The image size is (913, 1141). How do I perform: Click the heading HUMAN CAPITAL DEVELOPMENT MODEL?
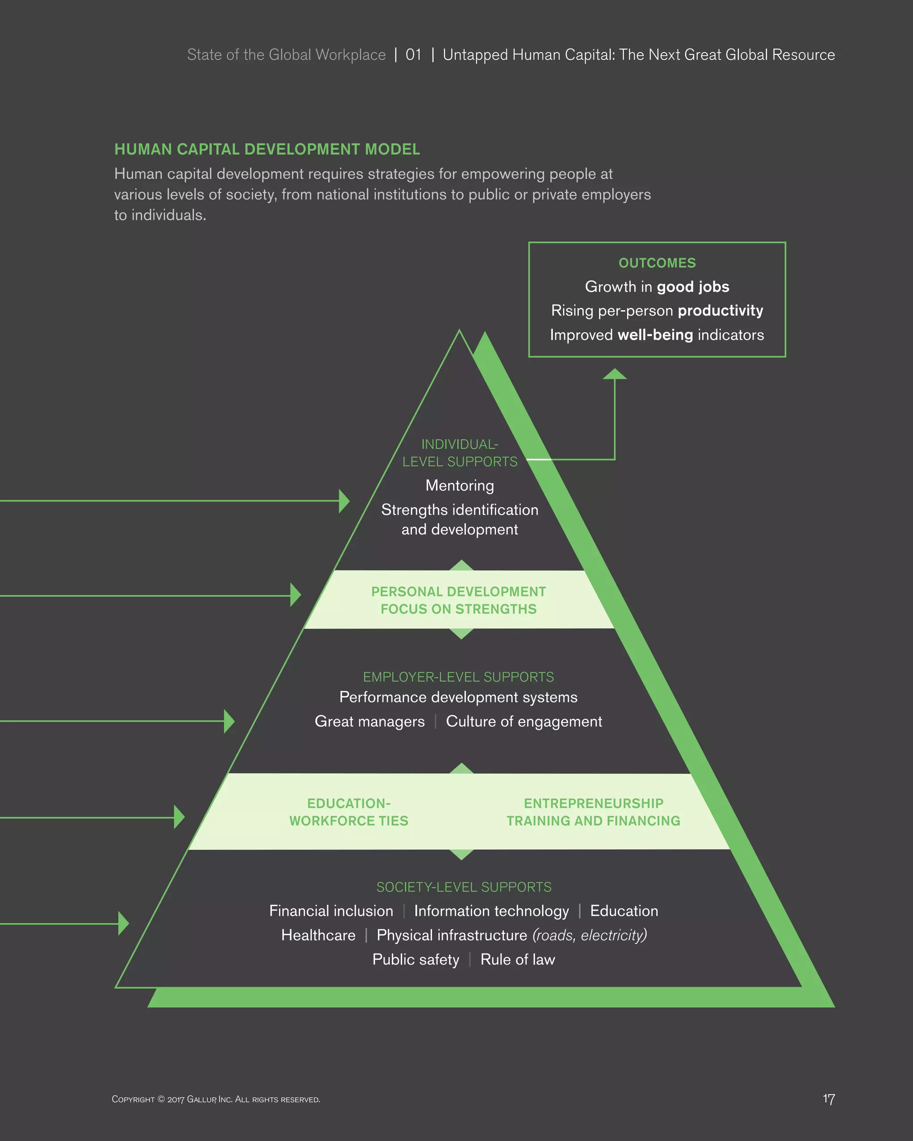tap(267, 149)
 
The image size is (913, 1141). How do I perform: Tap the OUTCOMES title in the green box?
tap(657, 263)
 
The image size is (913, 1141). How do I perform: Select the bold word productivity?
tap(720, 311)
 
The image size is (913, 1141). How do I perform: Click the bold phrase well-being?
tap(655, 335)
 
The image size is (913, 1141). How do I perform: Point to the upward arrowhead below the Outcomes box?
tap(614, 374)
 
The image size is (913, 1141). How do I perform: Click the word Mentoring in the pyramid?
tap(460, 485)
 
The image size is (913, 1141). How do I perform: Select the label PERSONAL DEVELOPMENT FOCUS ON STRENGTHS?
tap(458, 600)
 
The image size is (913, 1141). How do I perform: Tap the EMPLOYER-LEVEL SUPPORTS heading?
tap(458, 677)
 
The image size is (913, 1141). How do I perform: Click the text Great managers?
tap(370, 721)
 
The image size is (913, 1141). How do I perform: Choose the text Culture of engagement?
tap(524, 721)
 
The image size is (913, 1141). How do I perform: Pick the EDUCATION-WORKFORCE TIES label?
tap(349, 812)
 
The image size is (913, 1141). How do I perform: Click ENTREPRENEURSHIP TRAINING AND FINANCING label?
tap(593, 812)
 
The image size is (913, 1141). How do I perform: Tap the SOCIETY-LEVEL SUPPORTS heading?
tap(464, 887)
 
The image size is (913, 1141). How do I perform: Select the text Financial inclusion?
tap(331, 911)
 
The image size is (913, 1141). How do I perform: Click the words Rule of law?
tap(518, 960)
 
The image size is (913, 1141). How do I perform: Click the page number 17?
tap(828, 1099)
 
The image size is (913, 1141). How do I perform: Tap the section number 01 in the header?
tap(413, 55)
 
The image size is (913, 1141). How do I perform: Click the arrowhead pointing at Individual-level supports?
tap(345, 501)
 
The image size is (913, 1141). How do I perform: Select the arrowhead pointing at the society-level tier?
tap(124, 923)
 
